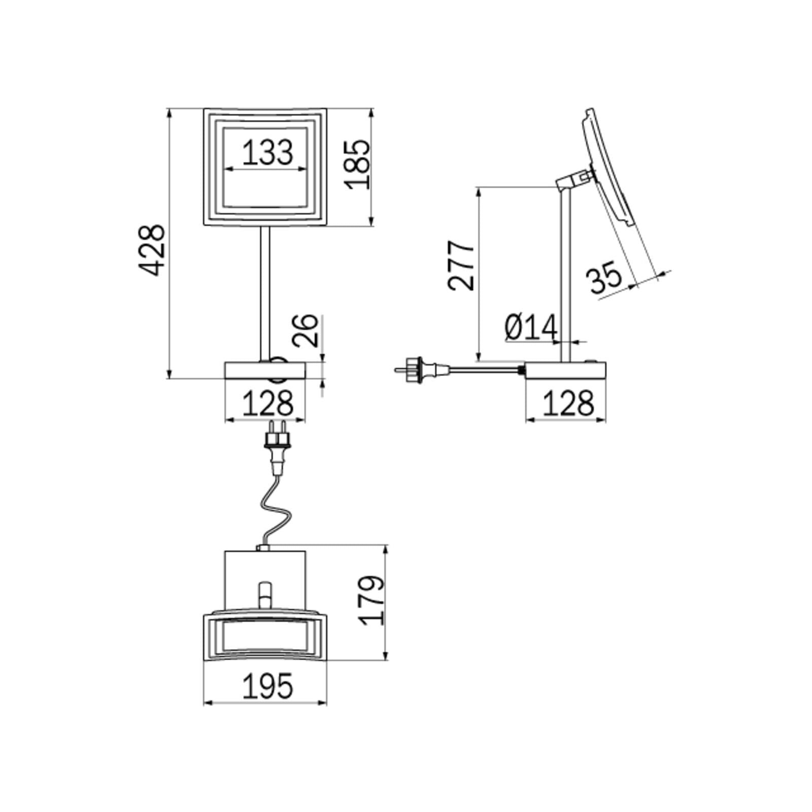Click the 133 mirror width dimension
click(267, 153)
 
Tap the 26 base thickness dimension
click(306, 331)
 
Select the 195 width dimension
click(267, 686)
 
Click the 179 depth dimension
click(375, 600)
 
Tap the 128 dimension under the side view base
click(567, 404)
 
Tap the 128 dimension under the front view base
click(267, 404)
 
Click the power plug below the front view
click(278, 446)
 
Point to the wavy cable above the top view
click(277, 513)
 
